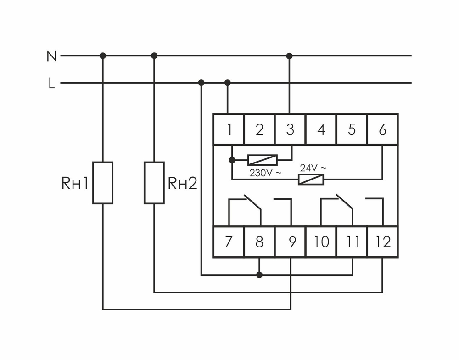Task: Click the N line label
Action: pyautogui.click(x=51, y=56)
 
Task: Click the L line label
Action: pyautogui.click(x=51, y=84)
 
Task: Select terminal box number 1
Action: pyautogui.click(x=228, y=129)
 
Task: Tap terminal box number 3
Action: pyautogui.click(x=290, y=129)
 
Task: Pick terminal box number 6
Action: pyautogui.click(x=382, y=129)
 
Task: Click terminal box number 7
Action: pyautogui.click(x=228, y=242)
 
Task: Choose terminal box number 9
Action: pyautogui.click(x=290, y=242)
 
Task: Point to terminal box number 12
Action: pyautogui.click(x=382, y=242)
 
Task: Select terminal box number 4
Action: pyautogui.click(x=321, y=129)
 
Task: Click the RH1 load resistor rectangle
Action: pyautogui.click(x=103, y=182)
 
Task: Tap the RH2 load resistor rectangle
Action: pyautogui.click(x=154, y=182)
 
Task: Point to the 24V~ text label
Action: pyautogui.click(x=313, y=168)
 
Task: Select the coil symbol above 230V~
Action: pyautogui.click(x=262, y=160)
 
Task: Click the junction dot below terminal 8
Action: pyautogui.click(x=259, y=275)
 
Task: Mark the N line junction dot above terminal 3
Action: pyautogui.click(x=289, y=56)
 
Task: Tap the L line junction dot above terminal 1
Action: pyautogui.click(x=228, y=83)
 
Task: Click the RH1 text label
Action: pyautogui.click(x=74, y=183)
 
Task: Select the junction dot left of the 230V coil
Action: pyautogui.click(x=232, y=160)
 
